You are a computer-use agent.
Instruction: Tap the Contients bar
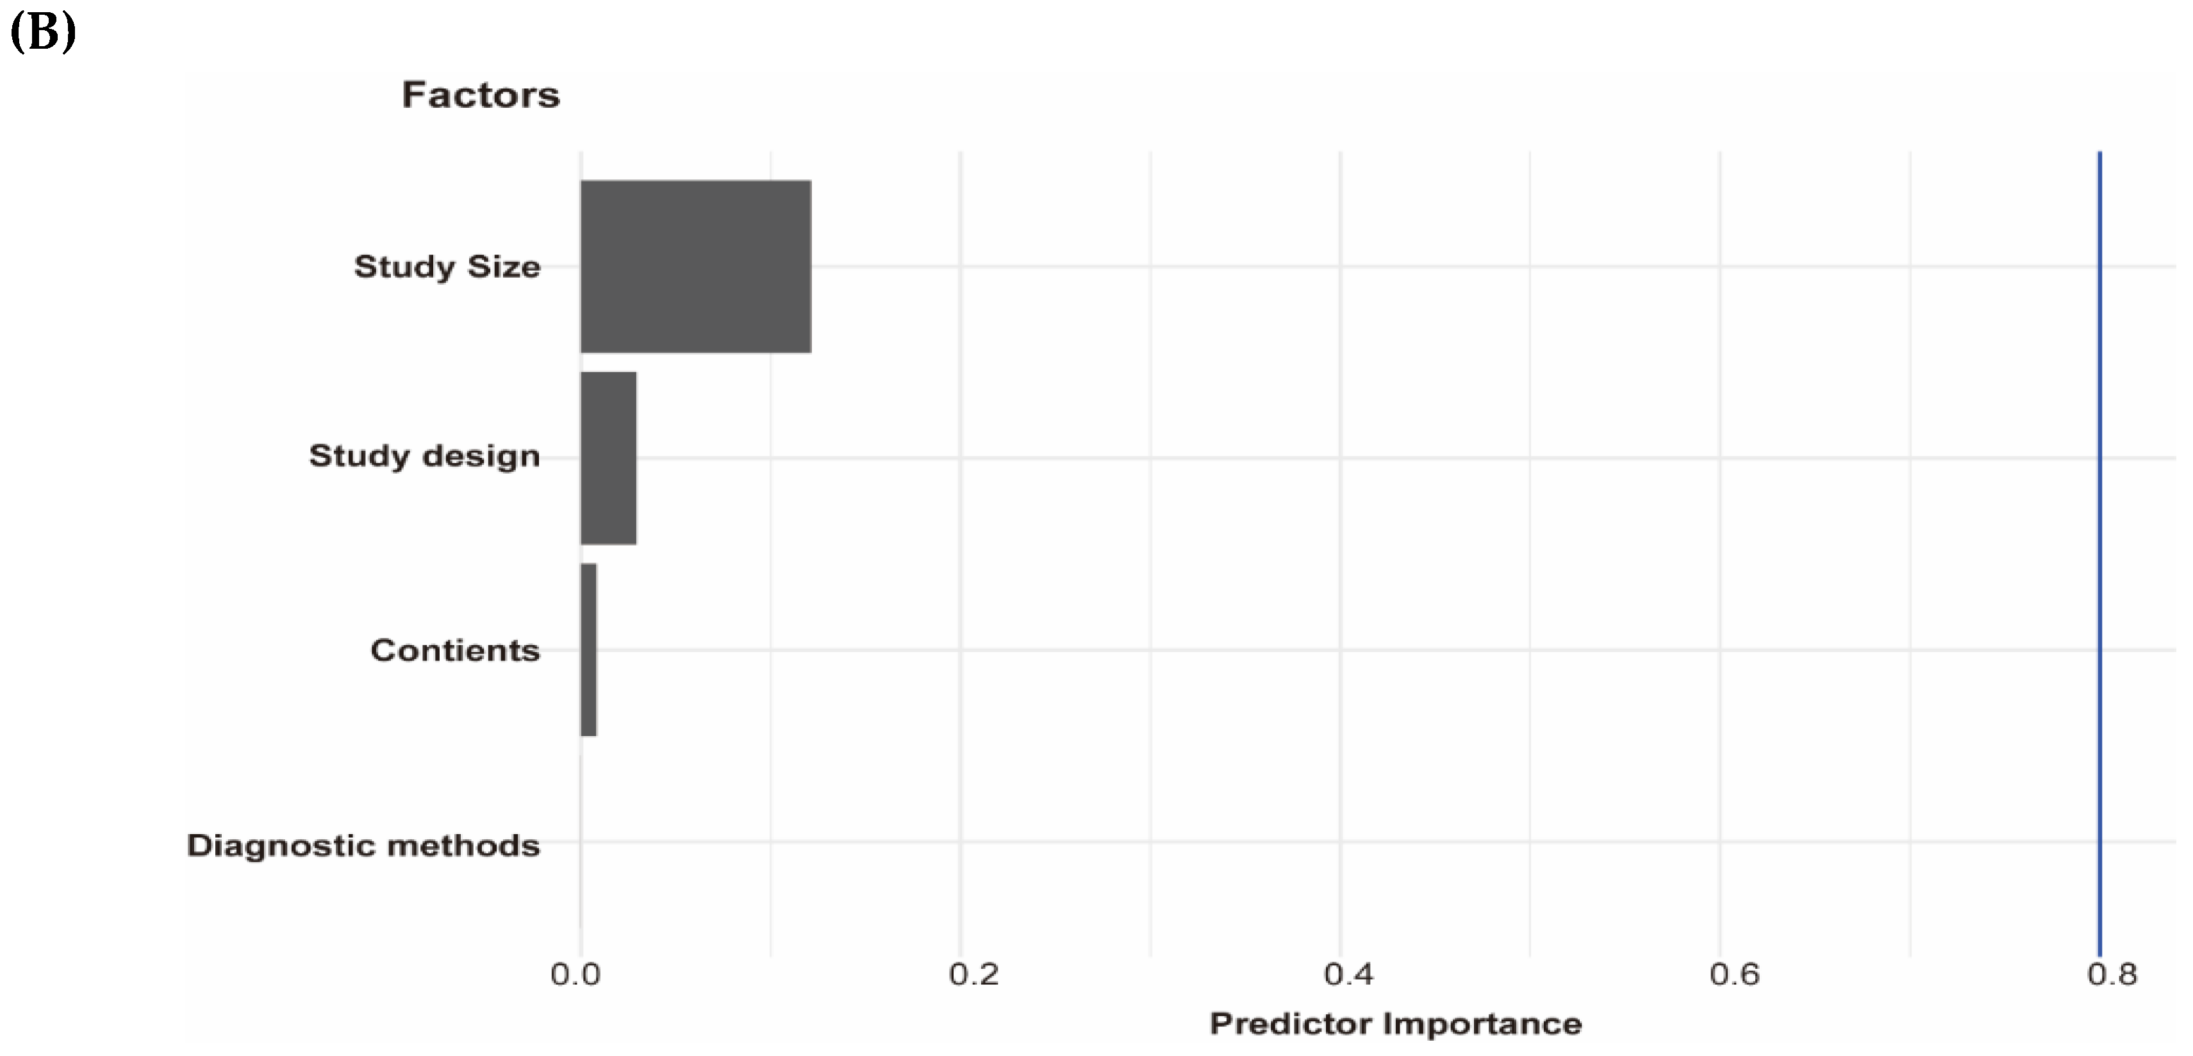coord(588,649)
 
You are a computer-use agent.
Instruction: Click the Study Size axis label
coord(447,267)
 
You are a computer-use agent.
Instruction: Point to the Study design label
coord(424,457)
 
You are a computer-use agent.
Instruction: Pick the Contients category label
coord(454,651)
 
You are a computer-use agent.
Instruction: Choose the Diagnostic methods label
coord(363,846)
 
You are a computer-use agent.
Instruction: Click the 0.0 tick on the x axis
coord(575,974)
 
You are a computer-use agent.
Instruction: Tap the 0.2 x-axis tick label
coord(973,974)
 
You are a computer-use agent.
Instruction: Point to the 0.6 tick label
coord(1734,974)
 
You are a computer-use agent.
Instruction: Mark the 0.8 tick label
coord(2111,974)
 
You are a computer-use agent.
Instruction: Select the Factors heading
coord(481,94)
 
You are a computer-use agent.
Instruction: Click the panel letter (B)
coord(42,32)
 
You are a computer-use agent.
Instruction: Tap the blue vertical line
coord(2099,553)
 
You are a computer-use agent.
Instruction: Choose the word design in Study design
coord(481,457)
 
